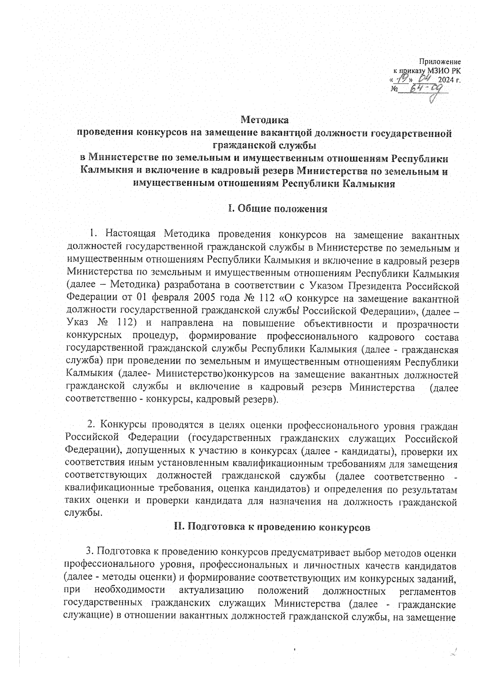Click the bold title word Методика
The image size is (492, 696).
[264, 120]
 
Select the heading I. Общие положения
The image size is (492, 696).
[278, 209]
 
